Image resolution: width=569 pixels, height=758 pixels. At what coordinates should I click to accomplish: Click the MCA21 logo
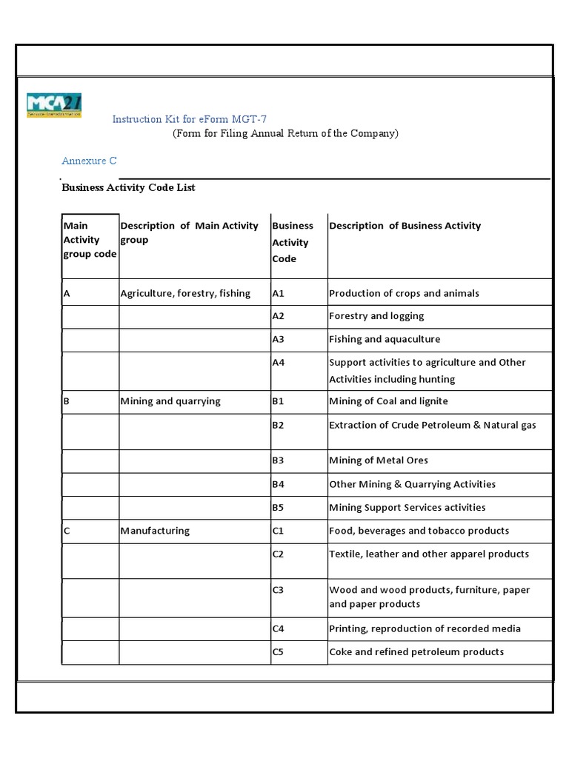pyautogui.click(x=54, y=105)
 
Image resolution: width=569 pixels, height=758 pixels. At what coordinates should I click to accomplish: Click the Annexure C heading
pyautogui.click(x=88, y=161)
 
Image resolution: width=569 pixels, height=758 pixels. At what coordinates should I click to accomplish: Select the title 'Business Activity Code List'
pyautogui.click(x=128, y=188)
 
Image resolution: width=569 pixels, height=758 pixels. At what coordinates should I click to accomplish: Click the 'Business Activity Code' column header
pyautogui.click(x=293, y=242)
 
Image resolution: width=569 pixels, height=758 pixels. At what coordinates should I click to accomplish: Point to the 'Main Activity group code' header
pyautogui.click(x=90, y=240)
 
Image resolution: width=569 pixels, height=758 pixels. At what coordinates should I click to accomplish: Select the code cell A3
pyautogui.click(x=279, y=339)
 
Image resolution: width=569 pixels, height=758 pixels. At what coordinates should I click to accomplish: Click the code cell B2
pyautogui.click(x=279, y=425)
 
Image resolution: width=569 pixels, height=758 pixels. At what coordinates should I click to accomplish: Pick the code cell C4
pyautogui.click(x=279, y=628)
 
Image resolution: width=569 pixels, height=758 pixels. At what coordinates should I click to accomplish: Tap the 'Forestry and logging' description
pyautogui.click(x=376, y=316)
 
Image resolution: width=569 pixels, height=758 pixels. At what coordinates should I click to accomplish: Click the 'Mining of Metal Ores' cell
pyautogui.click(x=379, y=460)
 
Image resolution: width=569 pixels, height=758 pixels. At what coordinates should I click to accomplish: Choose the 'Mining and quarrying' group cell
pyautogui.click(x=170, y=401)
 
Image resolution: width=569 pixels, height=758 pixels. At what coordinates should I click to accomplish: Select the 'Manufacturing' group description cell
pyautogui.click(x=155, y=531)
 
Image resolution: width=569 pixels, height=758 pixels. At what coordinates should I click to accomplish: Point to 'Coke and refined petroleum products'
pyautogui.click(x=416, y=651)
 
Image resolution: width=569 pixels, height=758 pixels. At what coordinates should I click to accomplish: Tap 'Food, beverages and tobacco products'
pyautogui.click(x=419, y=531)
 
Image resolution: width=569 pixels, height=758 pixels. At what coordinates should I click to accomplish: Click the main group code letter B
pyautogui.click(x=67, y=401)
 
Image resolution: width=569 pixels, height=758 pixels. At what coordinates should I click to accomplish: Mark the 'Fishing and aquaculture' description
pyautogui.click(x=384, y=339)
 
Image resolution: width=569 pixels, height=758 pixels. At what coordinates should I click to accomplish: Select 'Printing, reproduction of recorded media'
pyautogui.click(x=425, y=628)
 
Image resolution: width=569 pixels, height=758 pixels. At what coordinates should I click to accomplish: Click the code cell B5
pyautogui.click(x=279, y=508)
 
